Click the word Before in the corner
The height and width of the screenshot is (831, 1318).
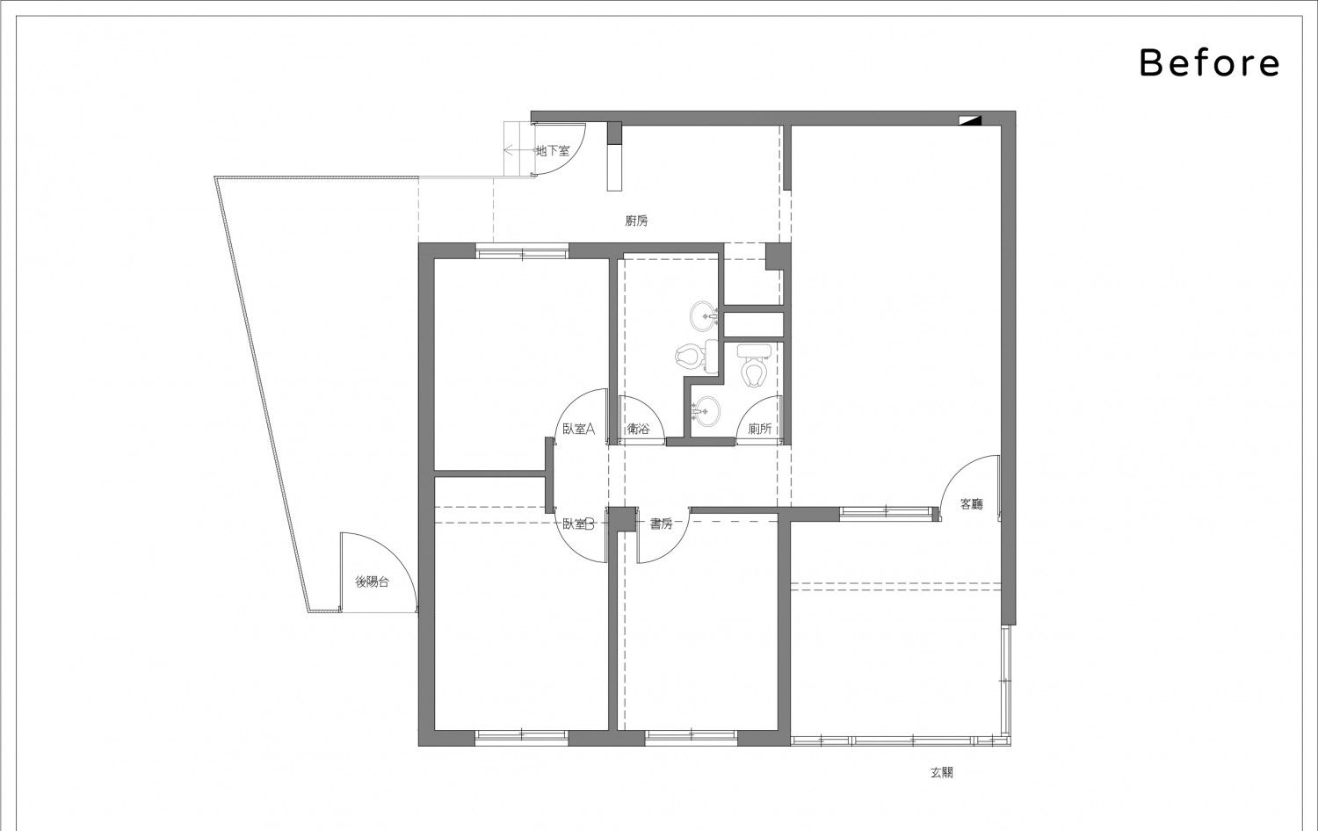[1209, 63]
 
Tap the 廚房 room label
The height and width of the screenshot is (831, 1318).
[637, 221]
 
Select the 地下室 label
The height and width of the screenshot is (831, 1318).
[553, 150]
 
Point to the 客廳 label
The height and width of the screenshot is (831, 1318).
[972, 504]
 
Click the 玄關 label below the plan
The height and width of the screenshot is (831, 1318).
[942, 772]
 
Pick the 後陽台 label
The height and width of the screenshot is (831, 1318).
[372, 582]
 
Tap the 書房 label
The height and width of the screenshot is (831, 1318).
[661, 524]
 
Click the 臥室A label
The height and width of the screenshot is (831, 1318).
[579, 429]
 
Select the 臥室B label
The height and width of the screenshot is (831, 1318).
[579, 524]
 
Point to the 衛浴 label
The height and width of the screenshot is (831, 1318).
[639, 429]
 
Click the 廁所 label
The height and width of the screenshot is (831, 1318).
[760, 429]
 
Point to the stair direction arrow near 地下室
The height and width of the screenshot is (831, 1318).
[518, 150]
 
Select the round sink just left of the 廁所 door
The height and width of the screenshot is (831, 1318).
[706, 410]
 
